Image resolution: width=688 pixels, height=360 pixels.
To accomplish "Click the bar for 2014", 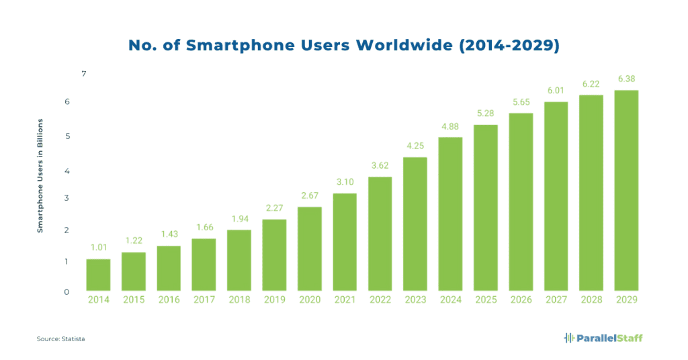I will (x=98, y=275).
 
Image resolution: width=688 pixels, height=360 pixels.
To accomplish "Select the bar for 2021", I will (x=345, y=242).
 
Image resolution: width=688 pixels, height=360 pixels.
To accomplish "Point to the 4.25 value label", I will (x=415, y=146).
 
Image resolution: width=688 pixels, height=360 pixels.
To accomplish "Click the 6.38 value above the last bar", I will (x=626, y=79).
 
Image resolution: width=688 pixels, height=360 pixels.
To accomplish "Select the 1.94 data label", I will (x=239, y=219).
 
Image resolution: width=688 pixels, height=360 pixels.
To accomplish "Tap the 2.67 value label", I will (x=310, y=195).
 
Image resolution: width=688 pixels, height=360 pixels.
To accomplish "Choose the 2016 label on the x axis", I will (x=169, y=300).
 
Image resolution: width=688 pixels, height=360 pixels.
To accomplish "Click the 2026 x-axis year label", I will (x=521, y=300).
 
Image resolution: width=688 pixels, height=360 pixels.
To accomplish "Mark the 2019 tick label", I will (x=274, y=300).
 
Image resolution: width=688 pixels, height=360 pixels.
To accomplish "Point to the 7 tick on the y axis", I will (x=84, y=73).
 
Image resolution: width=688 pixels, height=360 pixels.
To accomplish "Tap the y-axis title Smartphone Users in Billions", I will (x=40, y=176).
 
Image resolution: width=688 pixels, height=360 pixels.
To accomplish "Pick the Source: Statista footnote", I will (x=60, y=339).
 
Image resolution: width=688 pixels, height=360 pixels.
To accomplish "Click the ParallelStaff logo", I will (x=603, y=338).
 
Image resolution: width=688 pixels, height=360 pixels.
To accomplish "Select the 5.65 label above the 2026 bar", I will (x=521, y=102).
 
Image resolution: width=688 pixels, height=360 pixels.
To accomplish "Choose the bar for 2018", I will (x=239, y=260).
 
